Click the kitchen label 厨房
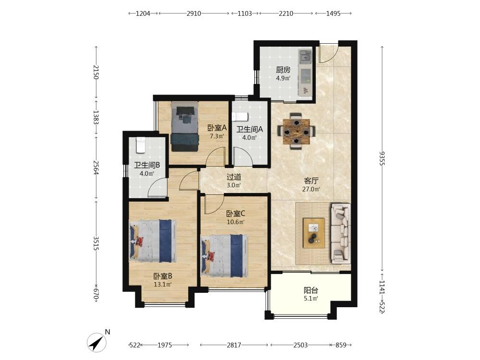pyautogui.click(x=283, y=70)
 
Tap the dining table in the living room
pyautogui.click(x=296, y=132)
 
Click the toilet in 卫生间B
pyautogui.click(x=140, y=145)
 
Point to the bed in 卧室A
pyautogui.click(x=185, y=126)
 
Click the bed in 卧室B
pyautogui.click(x=153, y=240)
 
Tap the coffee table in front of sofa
pyautogui.click(x=314, y=233)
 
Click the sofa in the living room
pyautogui.click(x=340, y=234)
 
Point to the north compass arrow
pyautogui.click(x=97, y=342)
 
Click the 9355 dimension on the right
pyautogui.click(x=382, y=158)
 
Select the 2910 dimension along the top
pyautogui.click(x=194, y=13)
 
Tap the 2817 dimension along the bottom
pyautogui.click(x=234, y=345)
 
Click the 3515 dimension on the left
pyautogui.click(x=96, y=243)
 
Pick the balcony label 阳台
pyautogui.click(x=311, y=290)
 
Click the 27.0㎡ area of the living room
pyautogui.click(x=311, y=189)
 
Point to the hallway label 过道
pyautogui.click(x=234, y=177)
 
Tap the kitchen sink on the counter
pyautogui.click(x=305, y=56)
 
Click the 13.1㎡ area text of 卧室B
pyautogui.click(x=163, y=284)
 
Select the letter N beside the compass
pyautogui.click(x=107, y=332)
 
